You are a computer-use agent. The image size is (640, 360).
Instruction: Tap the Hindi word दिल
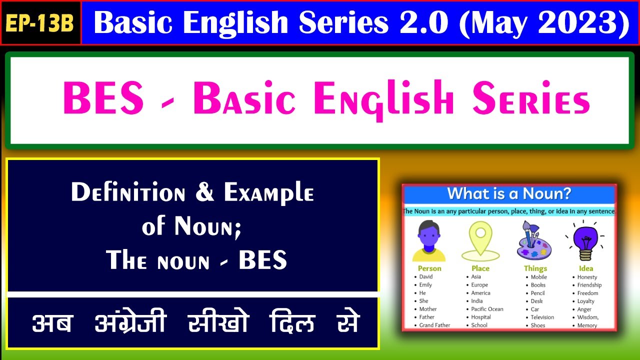(292, 323)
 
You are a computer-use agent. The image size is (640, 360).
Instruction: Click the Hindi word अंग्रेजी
(130, 323)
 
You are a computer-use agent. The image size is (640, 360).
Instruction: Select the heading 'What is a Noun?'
(509, 194)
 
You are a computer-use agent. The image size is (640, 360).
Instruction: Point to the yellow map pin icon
(480, 240)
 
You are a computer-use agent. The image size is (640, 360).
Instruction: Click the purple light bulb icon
(585, 240)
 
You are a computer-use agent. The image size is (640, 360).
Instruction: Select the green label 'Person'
(429, 268)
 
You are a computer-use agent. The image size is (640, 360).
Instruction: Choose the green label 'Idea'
(585, 268)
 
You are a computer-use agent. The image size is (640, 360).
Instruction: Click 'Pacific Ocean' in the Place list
(487, 309)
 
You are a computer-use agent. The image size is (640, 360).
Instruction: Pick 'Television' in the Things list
(542, 317)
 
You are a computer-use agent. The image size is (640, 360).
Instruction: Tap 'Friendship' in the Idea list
(589, 285)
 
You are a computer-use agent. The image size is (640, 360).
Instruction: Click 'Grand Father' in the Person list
(434, 325)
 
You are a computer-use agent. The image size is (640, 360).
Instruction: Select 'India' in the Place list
(477, 301)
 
